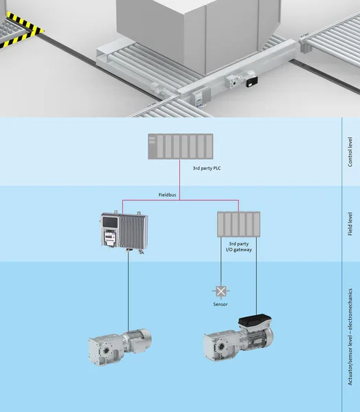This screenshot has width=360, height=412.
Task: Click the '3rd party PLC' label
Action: (x=207, y=168)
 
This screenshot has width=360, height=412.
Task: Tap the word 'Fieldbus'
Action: (x=167, y=195)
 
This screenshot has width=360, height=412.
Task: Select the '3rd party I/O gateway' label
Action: (x=239, y=247)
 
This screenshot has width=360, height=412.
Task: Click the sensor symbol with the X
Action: (x=221, y=291)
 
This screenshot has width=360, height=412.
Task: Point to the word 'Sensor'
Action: (x=221, y=304)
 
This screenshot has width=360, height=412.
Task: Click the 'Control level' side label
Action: (x=350, y=152)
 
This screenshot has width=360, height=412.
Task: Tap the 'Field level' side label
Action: (x=350, y=224)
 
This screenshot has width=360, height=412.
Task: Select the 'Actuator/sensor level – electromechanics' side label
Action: (x=350, y=337)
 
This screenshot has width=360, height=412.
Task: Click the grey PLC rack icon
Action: (x=181, y=146)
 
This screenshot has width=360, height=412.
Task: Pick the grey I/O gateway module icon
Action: (x=239, y=225)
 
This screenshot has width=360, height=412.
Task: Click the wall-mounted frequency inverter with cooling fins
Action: (x=124, y=231)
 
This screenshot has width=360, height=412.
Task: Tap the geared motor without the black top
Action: (x=120, y=346)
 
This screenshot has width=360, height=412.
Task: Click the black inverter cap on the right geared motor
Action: (x=255, y=321)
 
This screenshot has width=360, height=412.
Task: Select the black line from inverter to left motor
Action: (x=128, y=291)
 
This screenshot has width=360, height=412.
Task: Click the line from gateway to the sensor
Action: (x=221, y=262)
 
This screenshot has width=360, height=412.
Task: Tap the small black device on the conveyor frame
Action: (x=251, y=82)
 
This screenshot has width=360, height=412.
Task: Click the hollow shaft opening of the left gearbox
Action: (x=106, y=350)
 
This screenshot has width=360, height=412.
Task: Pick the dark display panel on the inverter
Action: (x=110, y=222)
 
